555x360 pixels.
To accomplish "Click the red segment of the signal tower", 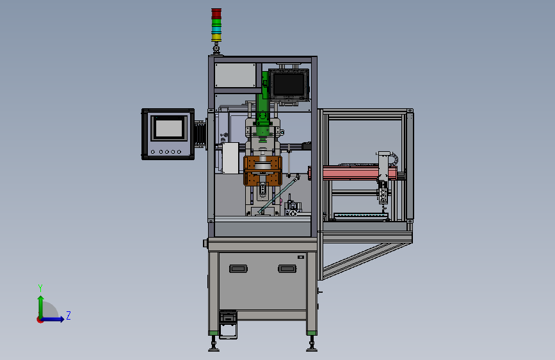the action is point(216,13).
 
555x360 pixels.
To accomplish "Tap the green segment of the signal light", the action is point(216,22).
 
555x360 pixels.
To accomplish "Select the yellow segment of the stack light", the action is point(216,37).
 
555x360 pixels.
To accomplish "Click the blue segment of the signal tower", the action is point(216,29).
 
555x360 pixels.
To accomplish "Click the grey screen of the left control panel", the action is point(169,128).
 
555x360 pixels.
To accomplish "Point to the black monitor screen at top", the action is point(289,85).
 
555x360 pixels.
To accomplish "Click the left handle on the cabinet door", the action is point(238,269).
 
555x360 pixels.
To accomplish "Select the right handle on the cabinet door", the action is point(287,269).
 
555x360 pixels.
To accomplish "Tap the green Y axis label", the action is point(40,288).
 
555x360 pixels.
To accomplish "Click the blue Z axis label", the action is point(68,315).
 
